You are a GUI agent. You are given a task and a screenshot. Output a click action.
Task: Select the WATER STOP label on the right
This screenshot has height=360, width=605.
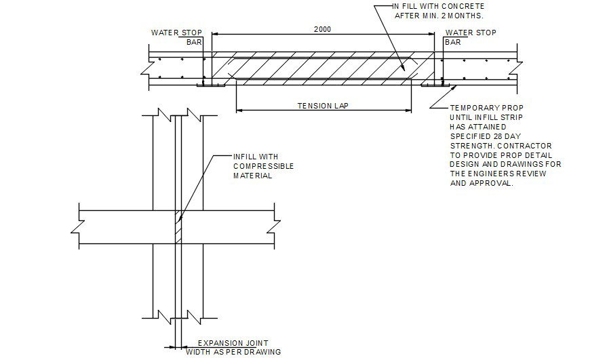tap(470, 33)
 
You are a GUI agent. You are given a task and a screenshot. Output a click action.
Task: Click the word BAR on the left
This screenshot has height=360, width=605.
tap(194, 42)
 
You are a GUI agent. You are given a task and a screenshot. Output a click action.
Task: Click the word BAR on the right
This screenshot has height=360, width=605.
tap(453, 42)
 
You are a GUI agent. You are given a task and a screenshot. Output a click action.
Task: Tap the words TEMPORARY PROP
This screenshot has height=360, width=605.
tap(487, 108)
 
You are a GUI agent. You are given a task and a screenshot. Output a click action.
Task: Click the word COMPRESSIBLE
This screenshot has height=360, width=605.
tap(263, 166)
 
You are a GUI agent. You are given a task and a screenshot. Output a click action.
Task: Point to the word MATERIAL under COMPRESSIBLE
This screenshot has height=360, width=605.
tap(252, 176)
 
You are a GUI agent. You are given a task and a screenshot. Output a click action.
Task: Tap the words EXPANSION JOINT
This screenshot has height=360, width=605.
tap(229, 344)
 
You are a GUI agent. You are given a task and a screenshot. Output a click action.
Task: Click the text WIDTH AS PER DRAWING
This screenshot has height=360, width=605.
tap(233, 353)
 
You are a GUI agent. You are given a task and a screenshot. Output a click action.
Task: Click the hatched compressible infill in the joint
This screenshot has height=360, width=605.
tap(178, 228)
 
